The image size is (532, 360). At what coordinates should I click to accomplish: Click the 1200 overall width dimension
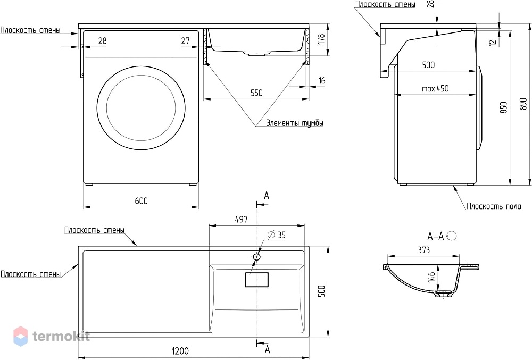pyautogui.click(x=180, y=351)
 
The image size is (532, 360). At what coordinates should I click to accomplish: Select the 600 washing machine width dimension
pyautogui.click(x=141, y=201)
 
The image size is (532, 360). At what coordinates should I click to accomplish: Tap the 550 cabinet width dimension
pyautogui.click(x=256, y=93)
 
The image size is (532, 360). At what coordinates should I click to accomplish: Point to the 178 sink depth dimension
pyautogui.click(x=322, y=39)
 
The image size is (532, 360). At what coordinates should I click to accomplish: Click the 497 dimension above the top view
pyautogui.click(x=241, y=220)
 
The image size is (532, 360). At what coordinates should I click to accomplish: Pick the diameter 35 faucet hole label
pyautogui.click(x=277, y=235)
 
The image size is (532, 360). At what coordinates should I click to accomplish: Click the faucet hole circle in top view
pyautogui.click(x=257, y=257)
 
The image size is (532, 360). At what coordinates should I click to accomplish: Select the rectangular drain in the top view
pyautogui.click(x=257, y=280)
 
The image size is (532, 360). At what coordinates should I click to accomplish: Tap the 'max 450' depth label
pyautogui.click(x=435, y=89)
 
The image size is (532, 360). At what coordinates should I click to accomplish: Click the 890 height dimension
pyautogui.click(x=523, y=104)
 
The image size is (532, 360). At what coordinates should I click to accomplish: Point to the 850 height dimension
pyautogui.click(x=504, y=107)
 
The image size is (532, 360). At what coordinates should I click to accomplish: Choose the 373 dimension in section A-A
pyautogui.click(x=424, y=250)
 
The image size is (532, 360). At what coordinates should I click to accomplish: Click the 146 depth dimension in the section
pyautogui.click(x=431, y=277)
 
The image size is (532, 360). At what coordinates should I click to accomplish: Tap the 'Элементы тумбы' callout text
pyautogui.click(x=295, y=123)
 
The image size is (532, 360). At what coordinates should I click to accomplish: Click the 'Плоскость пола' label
pyautogui.click(x=494, y=206)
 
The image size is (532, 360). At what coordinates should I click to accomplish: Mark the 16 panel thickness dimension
pyautogui.click(x=322, y=81)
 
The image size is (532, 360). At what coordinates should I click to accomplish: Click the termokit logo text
pyautogui.click(x=61, y=336)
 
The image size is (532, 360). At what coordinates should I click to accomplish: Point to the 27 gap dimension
pyautogui.click(x=185, y=41)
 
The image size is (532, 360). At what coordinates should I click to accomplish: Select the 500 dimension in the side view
pyautogui.click(x=428, y=65)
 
